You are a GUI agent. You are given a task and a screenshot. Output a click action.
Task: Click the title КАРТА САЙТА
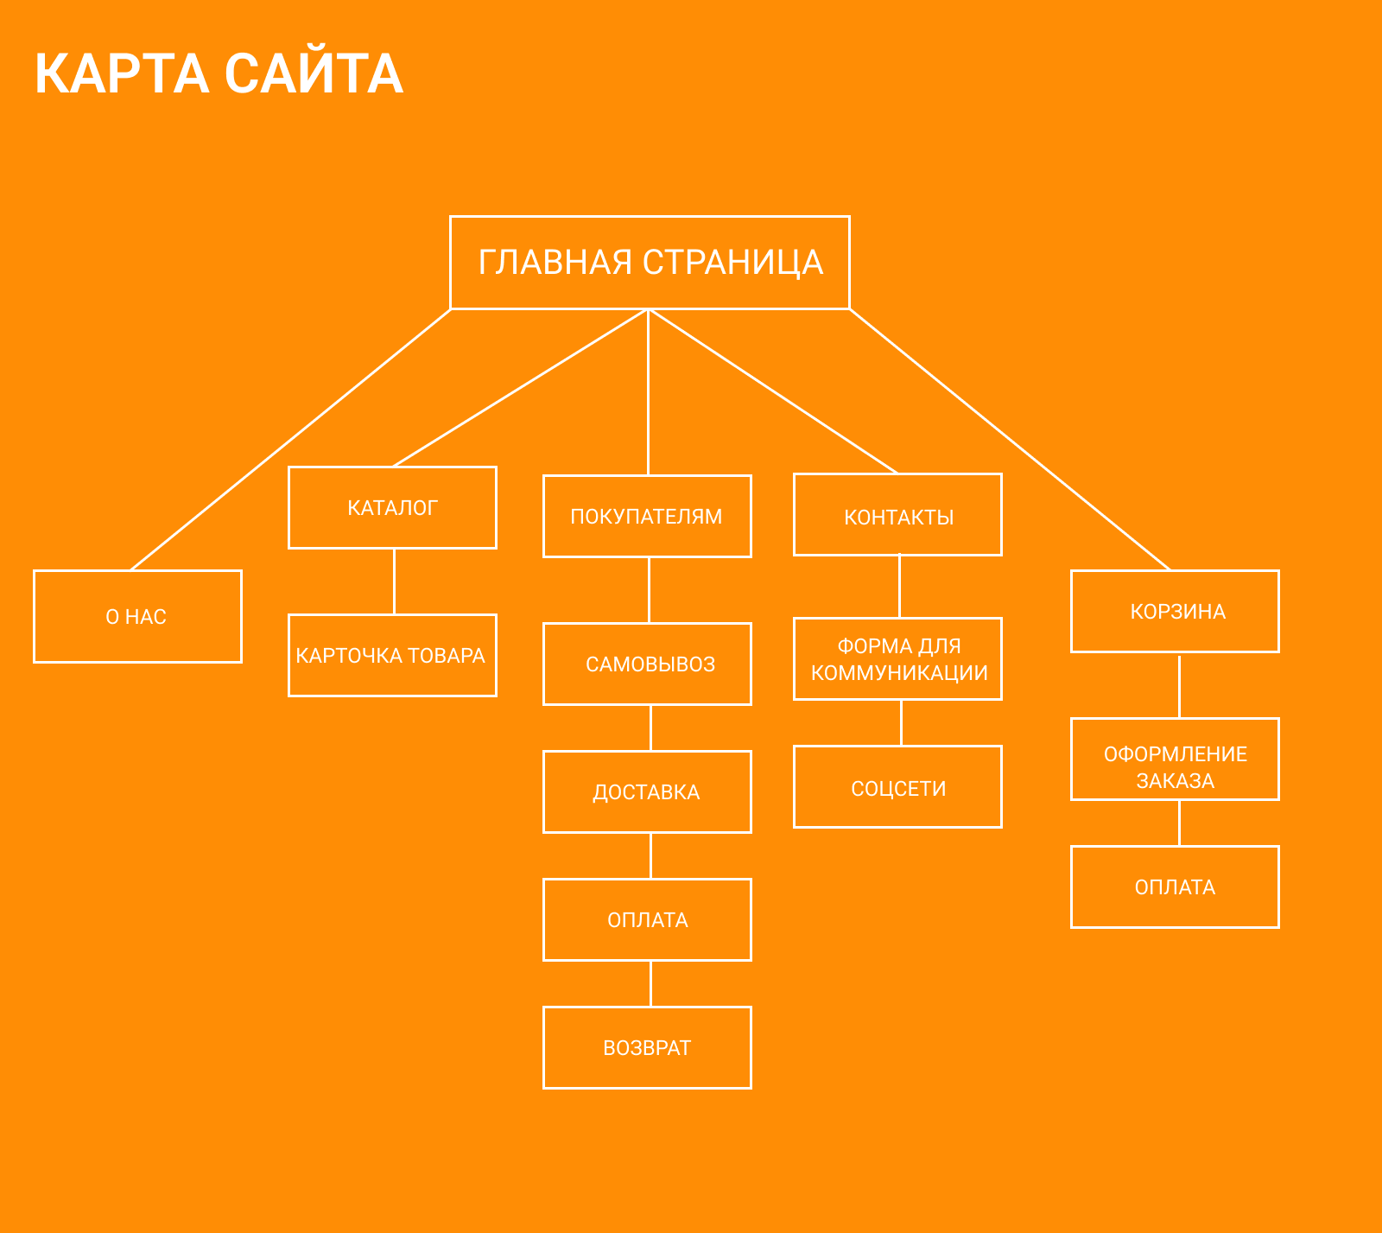[219, 73]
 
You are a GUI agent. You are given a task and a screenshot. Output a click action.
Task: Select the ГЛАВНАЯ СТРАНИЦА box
[650, 262]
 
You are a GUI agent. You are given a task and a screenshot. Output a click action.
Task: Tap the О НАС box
[137, 616]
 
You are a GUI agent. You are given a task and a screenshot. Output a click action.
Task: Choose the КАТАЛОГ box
[392, 507]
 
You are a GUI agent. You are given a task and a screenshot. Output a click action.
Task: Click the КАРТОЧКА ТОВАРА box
[392, 655]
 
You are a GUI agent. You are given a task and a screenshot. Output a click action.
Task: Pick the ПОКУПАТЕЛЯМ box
[647, 516]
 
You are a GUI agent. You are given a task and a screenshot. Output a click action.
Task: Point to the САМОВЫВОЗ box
[647, 664]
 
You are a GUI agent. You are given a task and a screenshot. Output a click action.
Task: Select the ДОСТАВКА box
[647, 791]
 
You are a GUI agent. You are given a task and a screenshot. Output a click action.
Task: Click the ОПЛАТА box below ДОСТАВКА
[647, 919]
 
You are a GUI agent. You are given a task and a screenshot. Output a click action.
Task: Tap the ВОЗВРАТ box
[647, 1047]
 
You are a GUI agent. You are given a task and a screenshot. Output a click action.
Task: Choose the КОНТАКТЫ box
[897, 514]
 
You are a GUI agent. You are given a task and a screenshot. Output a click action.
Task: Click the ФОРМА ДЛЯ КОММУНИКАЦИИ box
[897, 658]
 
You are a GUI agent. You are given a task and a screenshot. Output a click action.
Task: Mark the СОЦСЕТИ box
[897, 786]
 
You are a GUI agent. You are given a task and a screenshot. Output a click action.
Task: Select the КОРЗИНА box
[1175, 611]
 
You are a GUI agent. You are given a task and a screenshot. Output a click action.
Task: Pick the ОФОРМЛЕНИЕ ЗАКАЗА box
[1175, 759]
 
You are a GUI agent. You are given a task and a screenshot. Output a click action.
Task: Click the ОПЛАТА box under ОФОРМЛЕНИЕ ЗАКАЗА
[1175, 887]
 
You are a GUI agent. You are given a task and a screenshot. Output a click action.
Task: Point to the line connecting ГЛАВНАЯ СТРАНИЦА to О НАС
[291, 439]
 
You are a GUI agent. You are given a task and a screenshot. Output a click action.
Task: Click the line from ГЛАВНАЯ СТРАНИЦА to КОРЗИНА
[1010, 439]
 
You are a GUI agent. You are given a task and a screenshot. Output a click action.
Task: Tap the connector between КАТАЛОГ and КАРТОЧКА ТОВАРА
[394, 582]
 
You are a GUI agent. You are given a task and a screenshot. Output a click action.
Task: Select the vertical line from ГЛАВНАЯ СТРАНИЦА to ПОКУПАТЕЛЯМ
[648, 392]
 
